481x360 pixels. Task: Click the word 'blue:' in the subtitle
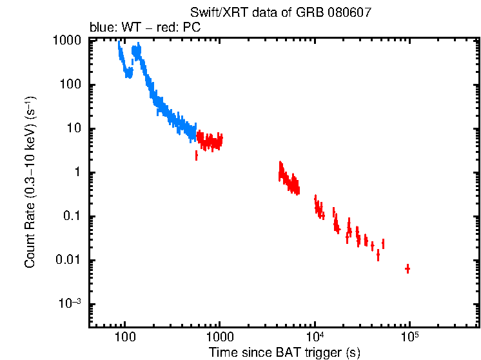(x=102, y=28)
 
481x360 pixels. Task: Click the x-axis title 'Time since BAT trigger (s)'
(x=284, y=352)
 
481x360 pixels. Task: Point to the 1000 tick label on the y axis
(x=66, y=41)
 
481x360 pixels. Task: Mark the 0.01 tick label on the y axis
(x=68, y=260)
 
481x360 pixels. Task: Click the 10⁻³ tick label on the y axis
(x=70, y=303)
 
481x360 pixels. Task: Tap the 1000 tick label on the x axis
(x=219, y=337)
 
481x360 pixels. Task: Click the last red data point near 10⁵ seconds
(x=407, y=268)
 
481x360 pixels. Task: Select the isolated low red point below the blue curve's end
(x=196, y=155)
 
